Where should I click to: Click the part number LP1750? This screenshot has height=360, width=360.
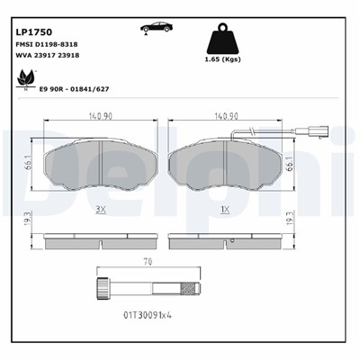(33, 31)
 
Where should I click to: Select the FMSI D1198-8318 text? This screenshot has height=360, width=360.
(46, 44)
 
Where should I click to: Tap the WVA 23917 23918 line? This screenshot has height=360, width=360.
(47, 55)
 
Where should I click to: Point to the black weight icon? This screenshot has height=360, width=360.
(222, 39)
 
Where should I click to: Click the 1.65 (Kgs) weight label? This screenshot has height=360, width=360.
(222, 59)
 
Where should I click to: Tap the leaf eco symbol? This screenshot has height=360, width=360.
(26, 78)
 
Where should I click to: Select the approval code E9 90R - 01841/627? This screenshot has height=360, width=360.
(74, 89)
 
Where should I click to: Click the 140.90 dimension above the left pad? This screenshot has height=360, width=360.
(100, 116)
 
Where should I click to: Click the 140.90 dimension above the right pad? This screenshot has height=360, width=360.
(226, 116)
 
